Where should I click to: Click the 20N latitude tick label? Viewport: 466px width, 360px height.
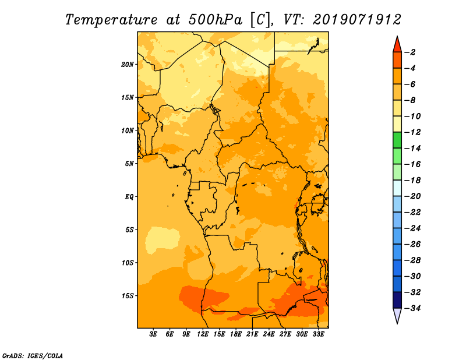(x=128, y=65)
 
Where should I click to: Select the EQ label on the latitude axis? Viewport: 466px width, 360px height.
(x=129, y=197)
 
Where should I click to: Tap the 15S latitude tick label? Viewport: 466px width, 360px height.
(x=128, y=296)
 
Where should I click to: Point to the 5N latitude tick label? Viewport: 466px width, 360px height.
(x=129, y=164)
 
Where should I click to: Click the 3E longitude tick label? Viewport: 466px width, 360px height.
(x=153, y=334)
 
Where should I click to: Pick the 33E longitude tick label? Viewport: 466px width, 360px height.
(x=318, y=334)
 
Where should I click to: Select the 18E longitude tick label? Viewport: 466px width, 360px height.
(x=236, y=334)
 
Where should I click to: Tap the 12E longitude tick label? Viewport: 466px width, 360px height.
(x=203, y=334)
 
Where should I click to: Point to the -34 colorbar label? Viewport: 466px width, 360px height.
(x=412, y=308)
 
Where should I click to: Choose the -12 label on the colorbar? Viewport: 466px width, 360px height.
(x=412, y=132)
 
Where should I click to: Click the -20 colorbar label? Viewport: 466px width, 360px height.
(x=412, y=196)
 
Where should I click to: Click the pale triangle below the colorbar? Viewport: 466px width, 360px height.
(x=397, y=315)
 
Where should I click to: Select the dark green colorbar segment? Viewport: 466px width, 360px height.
(x=397, y=140)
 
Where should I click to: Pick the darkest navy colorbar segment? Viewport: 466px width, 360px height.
(x=397, y=300)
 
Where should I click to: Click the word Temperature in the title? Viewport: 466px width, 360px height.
(x=111, y=20)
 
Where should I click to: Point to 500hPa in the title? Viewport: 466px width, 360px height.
(x=216, y=20)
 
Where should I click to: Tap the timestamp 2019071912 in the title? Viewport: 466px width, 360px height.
(x=357, y=20)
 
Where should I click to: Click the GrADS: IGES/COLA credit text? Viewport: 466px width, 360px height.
(x=33, y=356)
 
